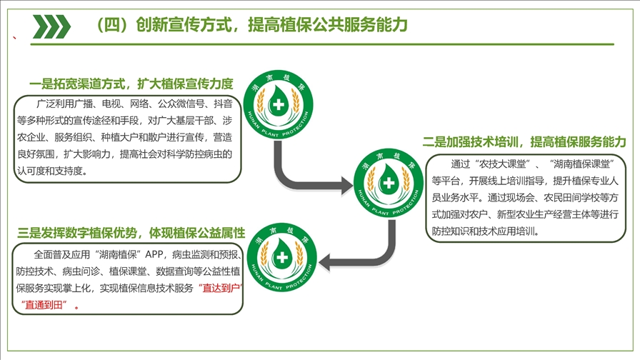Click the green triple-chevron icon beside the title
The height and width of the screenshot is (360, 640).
coord(52,26)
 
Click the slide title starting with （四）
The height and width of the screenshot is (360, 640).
coord(251,25)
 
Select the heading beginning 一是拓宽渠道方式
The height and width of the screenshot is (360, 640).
coord(131,84)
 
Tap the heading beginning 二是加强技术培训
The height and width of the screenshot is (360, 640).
coord(524,141)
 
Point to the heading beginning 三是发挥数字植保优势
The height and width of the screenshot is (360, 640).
coord(131,233)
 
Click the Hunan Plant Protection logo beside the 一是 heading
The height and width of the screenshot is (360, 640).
coord(279,104)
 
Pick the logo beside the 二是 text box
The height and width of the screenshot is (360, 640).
coord(388,182)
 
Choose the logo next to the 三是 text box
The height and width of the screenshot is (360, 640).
coord(281,258)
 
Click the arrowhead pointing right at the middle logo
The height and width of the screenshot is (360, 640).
coord(346,186)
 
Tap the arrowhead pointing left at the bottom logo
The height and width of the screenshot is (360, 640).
coord(324,262)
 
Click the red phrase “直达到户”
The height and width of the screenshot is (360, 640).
coord(221,288)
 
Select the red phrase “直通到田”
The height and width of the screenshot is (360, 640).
coord(44,305)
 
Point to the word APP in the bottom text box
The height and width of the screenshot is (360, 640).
coord(154,254)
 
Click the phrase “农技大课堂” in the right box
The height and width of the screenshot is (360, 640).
coord(501,164)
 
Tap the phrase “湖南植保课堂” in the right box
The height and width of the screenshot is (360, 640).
coord(581,164)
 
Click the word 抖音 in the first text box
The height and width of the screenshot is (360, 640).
coord(224,104)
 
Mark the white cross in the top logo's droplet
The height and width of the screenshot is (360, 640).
coord(279,104)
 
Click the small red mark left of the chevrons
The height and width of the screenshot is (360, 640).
coord(15,38)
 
